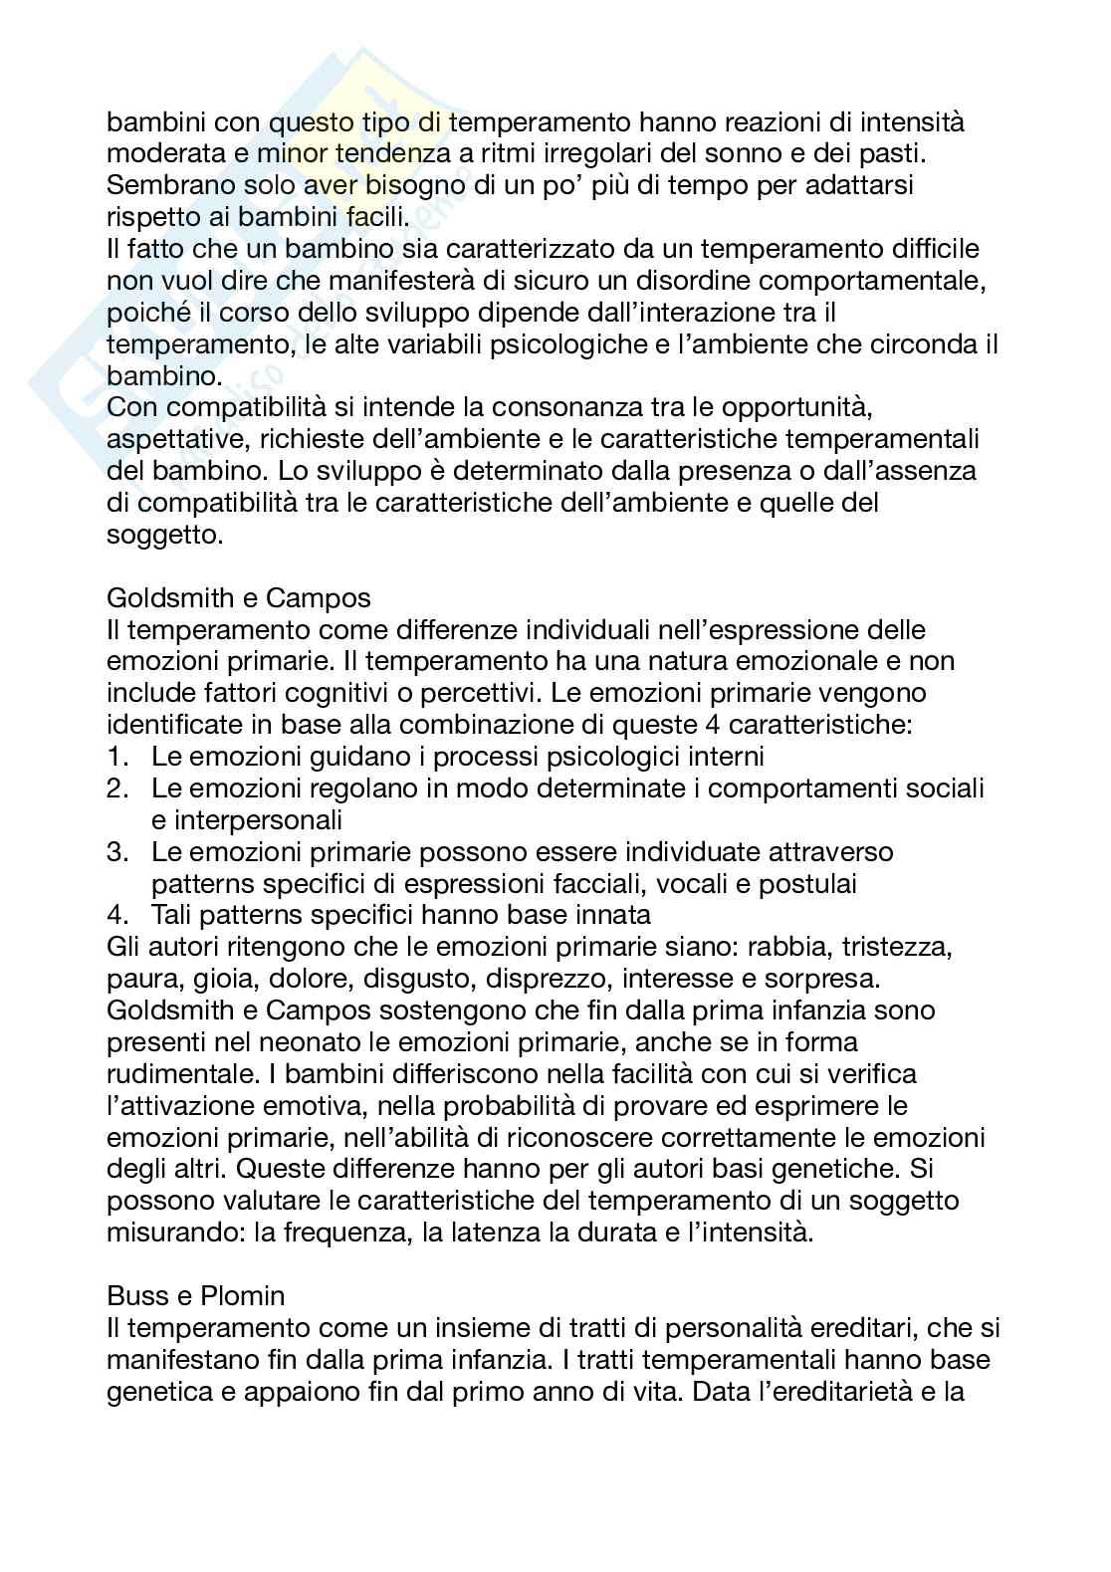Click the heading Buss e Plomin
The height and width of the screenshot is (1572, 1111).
(x=196, y=1295)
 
